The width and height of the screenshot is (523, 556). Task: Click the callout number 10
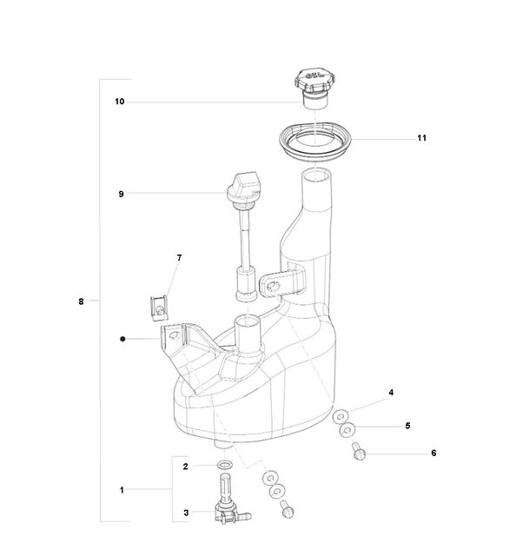pyautogui.click(x=120, y=102)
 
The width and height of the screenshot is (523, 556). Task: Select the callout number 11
pyautogui.click(x=421, y=138)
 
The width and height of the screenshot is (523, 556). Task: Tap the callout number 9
pyautogui.click(x=122, y=194)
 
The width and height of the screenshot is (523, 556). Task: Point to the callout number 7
pyautogui.click(x=179, y=258)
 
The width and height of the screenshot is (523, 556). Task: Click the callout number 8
pyautogui.click(x=81, y=301)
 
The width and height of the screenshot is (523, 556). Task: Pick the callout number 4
pyautogui.click(x=391, y=392)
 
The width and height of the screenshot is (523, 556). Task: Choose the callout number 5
pyautogui.click(x=407, y=426)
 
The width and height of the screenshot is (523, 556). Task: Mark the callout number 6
pyautogui.click(x=434, y=453)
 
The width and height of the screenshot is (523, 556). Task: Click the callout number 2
pyautogui.click(x=185, y=467)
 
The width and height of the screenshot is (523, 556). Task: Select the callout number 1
pyautogui.click(x=122, y=490)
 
